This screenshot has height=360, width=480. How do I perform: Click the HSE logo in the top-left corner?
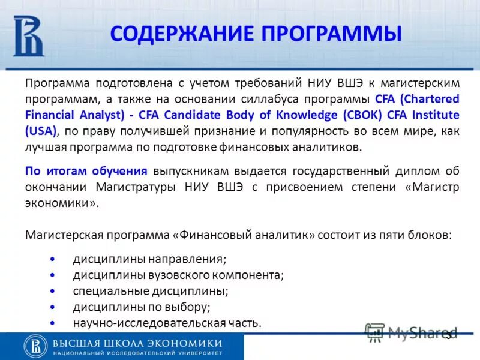29,35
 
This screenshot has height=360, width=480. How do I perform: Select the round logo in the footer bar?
35,346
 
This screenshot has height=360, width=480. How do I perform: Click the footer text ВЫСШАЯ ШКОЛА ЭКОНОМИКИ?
137,343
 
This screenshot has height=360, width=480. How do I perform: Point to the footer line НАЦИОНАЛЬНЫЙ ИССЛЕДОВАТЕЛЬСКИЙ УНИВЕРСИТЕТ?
137,353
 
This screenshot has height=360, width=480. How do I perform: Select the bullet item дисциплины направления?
149,260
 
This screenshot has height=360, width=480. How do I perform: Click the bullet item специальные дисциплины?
151,291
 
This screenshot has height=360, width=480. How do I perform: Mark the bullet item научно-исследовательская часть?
167,323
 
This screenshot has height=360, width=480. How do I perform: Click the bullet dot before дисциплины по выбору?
53,307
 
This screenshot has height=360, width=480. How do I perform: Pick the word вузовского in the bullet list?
175,275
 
